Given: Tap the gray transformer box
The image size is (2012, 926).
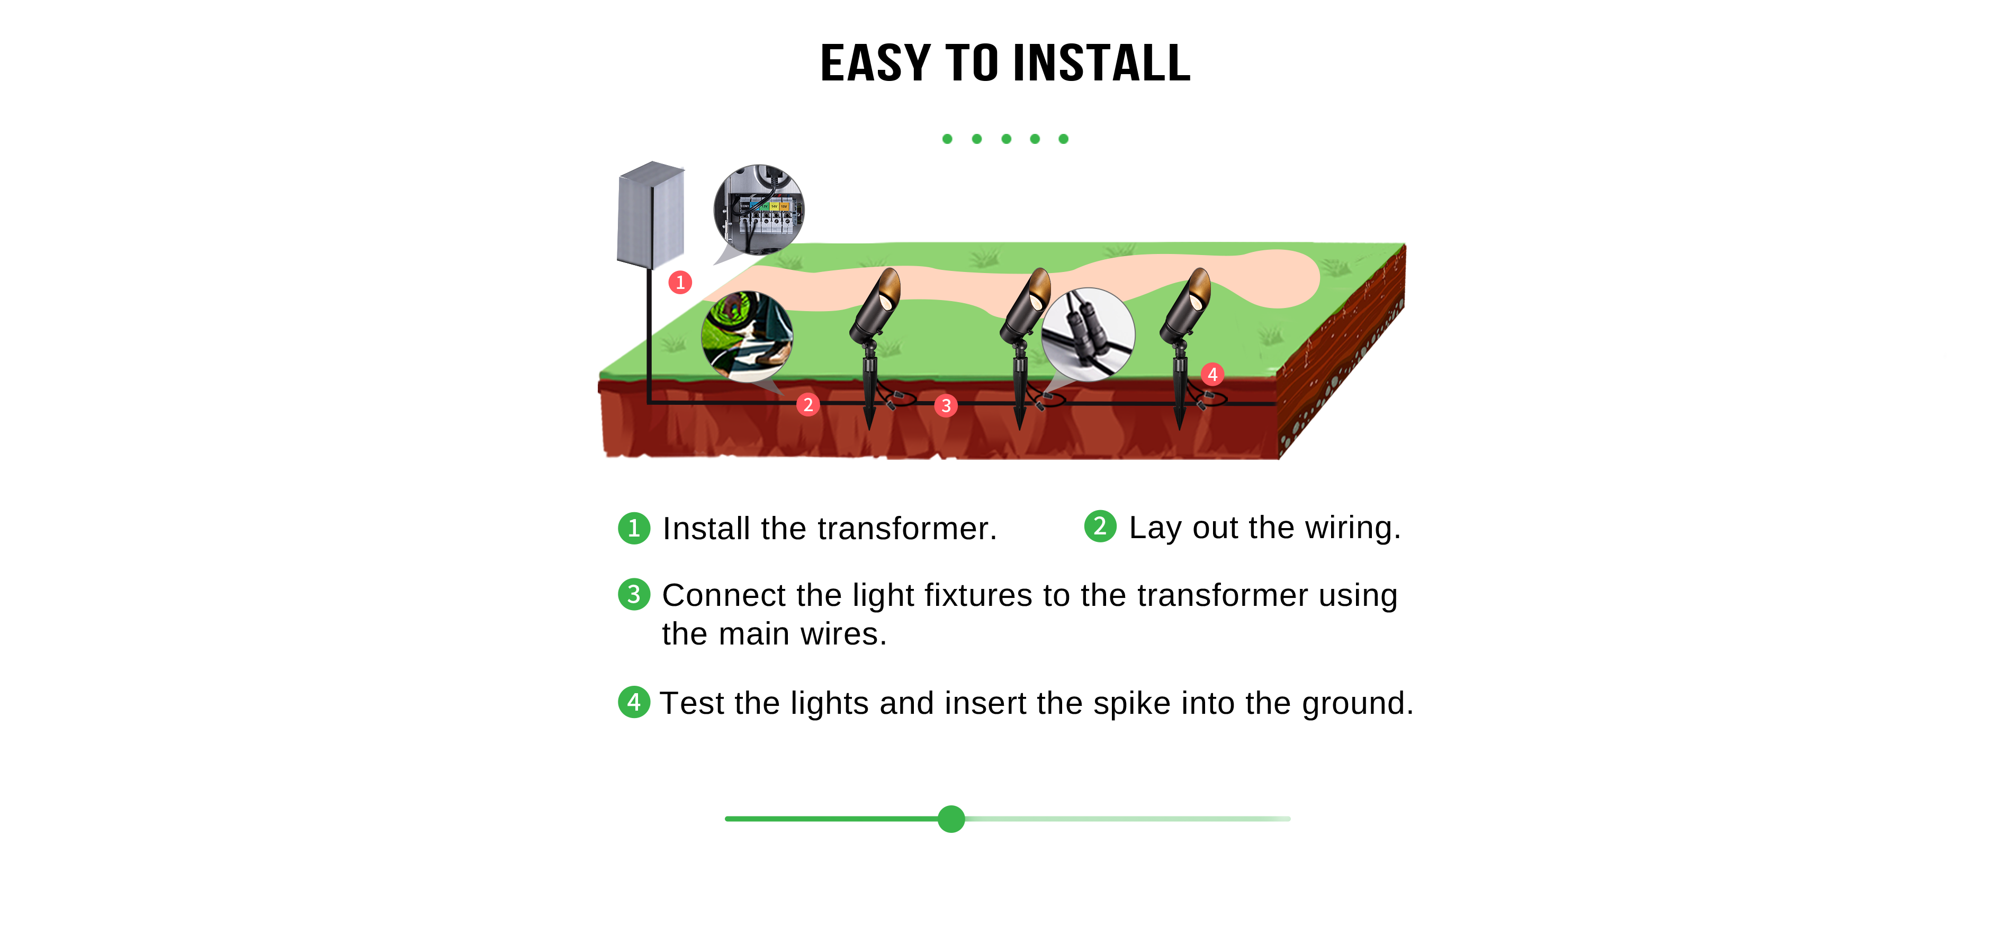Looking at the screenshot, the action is pyautogui.click(x=651, y=215).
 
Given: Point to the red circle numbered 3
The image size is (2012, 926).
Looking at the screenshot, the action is pyautogui.click(x=946, y=405).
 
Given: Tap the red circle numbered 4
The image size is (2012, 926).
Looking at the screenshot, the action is pyautogui.click(x=1212, y=374).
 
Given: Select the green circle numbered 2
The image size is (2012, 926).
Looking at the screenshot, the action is pyautogui.click(x=1100, y=526).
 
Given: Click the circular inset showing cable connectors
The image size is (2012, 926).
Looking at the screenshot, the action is pyautogui.click(x=1088, y=334).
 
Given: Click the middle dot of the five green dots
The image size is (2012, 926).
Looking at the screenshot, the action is pyautogui.click(x=1006, y=139).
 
